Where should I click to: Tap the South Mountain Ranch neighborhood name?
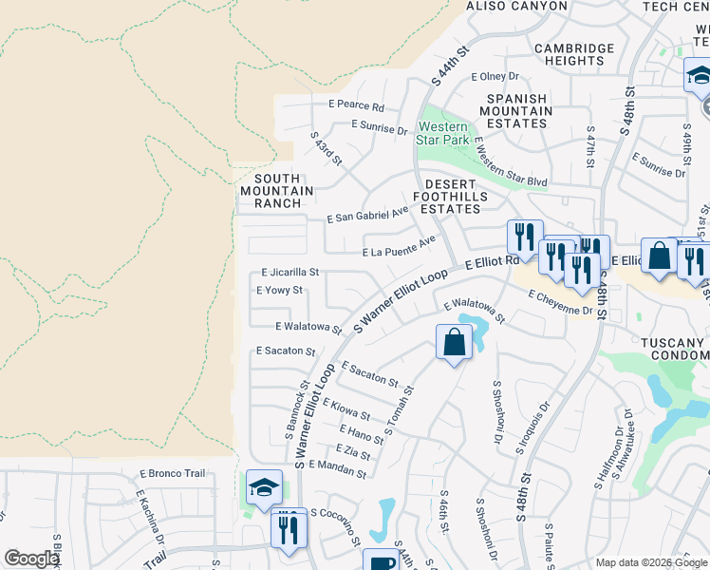(277, 191)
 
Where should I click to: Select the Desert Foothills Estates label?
(456, 196)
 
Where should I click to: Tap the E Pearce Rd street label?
(356, 106)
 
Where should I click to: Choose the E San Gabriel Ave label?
(366, 217)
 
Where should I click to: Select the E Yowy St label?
(279, 290)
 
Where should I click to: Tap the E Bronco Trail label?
(172, 473)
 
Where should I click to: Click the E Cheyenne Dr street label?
(560, 302)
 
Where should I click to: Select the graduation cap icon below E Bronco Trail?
(264, 487)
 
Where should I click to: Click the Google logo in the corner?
(31, 559)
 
